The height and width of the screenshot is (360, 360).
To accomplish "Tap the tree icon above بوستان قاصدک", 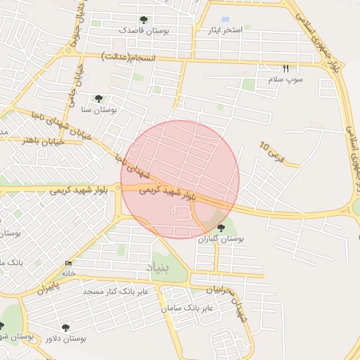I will [143, 20].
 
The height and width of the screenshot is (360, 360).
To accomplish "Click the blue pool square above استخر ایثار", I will [225, 20].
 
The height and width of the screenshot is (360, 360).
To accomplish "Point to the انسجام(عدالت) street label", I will [129, 56].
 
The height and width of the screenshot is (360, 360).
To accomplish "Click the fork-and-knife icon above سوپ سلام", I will [285, 69].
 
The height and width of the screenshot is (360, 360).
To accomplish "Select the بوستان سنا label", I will [98, 110].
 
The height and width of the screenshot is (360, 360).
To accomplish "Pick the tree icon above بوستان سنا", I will [98, 98].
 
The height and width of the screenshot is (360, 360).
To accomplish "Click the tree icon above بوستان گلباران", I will [221, 227].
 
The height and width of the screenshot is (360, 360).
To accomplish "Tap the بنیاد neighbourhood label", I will [158, 268].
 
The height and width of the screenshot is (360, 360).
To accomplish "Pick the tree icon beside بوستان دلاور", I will [66, 328].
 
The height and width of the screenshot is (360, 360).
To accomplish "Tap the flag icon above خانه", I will [67, 263].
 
